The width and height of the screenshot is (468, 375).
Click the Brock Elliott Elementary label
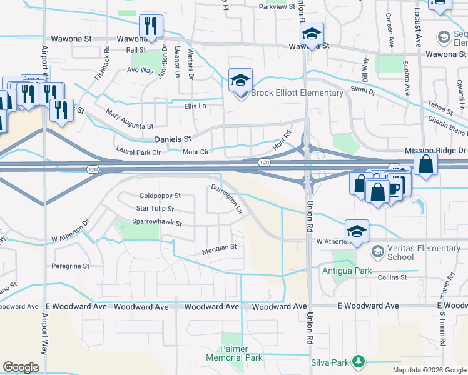pos(297,93)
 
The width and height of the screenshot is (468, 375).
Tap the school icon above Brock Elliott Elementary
pos(240,79)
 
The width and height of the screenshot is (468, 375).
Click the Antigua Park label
pos(346,271)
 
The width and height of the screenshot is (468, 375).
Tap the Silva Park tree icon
pos(359,361)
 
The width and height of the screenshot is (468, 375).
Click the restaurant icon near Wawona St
pos(150,26)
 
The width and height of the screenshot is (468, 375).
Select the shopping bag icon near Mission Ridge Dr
pos(425,164)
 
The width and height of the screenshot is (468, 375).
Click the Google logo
pos(21,367)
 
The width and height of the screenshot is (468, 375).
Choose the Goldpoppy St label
pos(160,196)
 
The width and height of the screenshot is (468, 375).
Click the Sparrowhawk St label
pos(156,222)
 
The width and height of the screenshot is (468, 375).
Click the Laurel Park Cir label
pos(138,151)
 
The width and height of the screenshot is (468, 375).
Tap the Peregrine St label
pos(71,266)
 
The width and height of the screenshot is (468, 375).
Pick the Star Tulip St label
pos(155,209)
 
